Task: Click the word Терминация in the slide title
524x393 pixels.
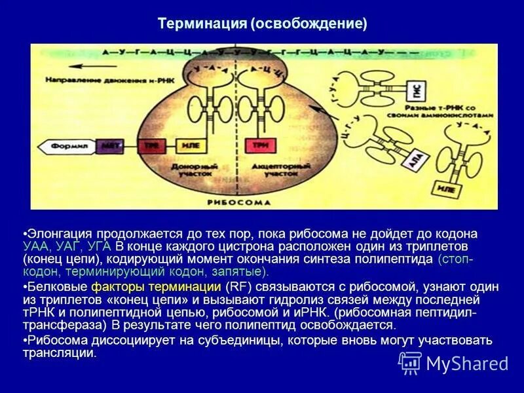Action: (201, 24)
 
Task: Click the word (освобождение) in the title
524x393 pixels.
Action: (307, 24)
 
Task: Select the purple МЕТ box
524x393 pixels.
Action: (106, 145)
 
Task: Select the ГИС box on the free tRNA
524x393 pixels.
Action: (415, 89)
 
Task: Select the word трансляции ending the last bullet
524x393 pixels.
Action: (59, 353)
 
